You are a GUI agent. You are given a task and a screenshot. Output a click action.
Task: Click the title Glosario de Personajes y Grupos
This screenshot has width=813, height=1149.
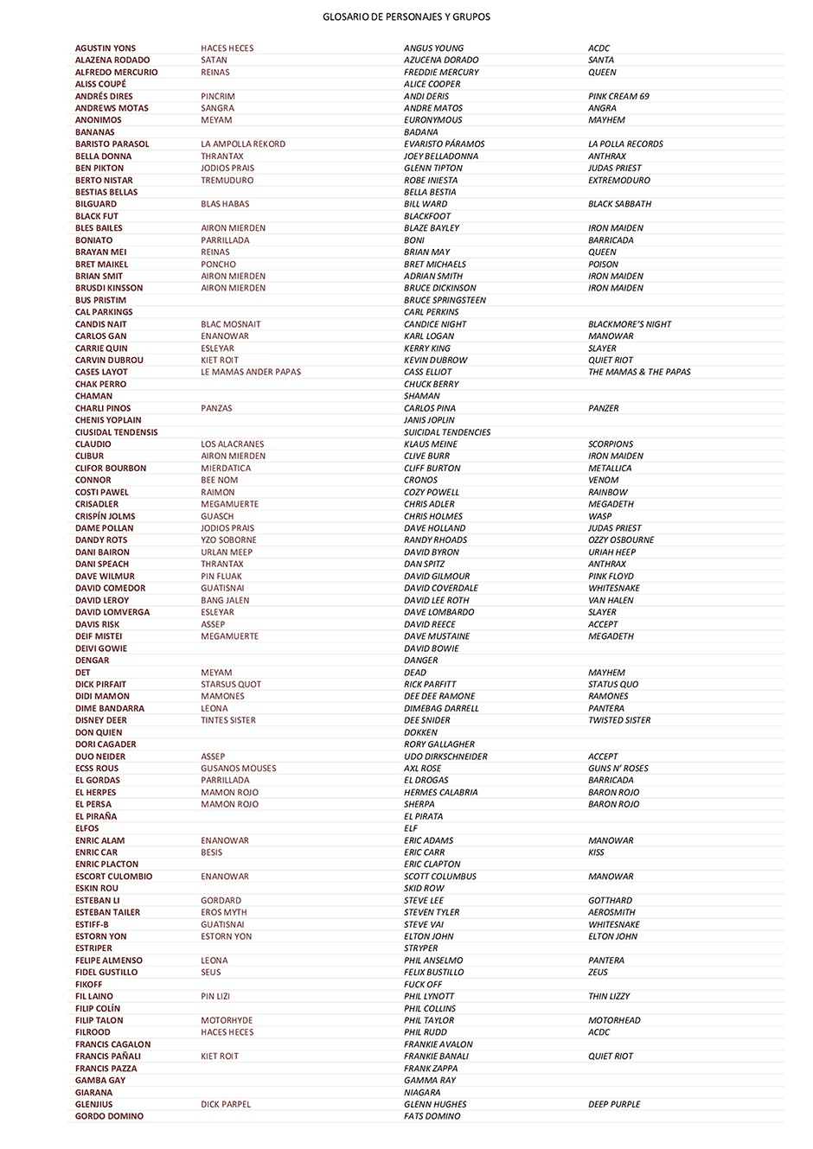pyautogui.click(x=406, y=16)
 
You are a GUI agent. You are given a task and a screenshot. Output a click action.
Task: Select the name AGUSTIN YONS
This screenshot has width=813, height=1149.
pyautogui.click(x=106, y=48)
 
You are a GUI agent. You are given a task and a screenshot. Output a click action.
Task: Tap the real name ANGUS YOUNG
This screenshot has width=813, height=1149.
pyautogui.click(x=433, y=48)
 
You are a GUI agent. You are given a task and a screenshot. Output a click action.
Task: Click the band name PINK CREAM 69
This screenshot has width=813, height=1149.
pyautogui.click(x=618, y=96)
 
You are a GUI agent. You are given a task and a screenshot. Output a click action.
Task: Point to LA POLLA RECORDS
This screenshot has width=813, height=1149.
pyautogui.click(x=625, y=144)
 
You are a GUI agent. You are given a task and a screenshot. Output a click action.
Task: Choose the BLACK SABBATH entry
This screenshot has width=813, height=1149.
pyautogui.click(x=619, y=204)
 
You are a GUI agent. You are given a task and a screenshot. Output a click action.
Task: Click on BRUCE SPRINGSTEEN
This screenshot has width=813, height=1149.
pyautogui.click(x=445, y=300)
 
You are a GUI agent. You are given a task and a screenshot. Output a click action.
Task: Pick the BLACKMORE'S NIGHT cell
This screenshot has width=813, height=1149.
pyautogui.click(x=630, y=324)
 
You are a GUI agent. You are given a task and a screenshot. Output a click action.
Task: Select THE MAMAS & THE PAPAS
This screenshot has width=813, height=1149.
pyautogui.click(x=639, y=372)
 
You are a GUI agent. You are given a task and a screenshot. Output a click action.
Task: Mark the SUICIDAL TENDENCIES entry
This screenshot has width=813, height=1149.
pyautogui.click(x=446, y=432)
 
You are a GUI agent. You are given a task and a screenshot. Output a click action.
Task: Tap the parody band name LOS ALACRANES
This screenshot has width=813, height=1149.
pyautogui.click(x=233, y=444)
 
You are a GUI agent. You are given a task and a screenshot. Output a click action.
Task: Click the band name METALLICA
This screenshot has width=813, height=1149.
pyautogui.click(x=610, y=468)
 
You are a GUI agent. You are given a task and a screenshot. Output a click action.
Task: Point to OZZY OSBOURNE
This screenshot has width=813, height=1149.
pyautogui.click(x=621, y=540)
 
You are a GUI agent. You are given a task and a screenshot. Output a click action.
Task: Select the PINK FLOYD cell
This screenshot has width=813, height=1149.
pyautogui.click(x=611, y=576)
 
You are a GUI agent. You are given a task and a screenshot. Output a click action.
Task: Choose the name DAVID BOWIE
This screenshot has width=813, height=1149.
pyautogui.click(x=431, y=648)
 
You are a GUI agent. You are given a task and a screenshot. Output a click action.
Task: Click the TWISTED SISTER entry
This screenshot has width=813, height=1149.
pyautogui.click(x=619, y=720)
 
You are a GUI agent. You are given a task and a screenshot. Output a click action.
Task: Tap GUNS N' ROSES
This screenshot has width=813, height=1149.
pyautogui.click(x=618, y=769)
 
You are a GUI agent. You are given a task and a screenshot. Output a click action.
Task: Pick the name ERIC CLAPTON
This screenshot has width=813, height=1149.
pyautogui.click(x=432, y=865)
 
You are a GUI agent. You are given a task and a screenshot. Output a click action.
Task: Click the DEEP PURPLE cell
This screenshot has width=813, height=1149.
pyautogui.click(x=614, y=1104)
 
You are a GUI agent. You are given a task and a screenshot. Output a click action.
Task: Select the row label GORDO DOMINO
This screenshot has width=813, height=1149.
pyautogui.click(x=109, y=1116)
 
